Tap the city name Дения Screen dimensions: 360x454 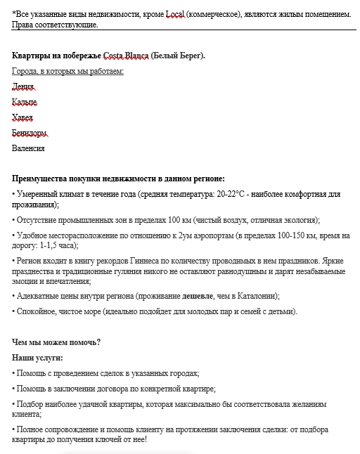[22, 86]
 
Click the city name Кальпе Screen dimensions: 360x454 [25, 102]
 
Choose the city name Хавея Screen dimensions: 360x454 [22, 117]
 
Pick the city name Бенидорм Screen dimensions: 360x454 [30, 133]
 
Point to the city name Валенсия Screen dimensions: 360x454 [28, 148]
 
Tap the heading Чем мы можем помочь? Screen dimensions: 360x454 [56, 342]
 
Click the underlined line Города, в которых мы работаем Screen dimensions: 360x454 [67, 71]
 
